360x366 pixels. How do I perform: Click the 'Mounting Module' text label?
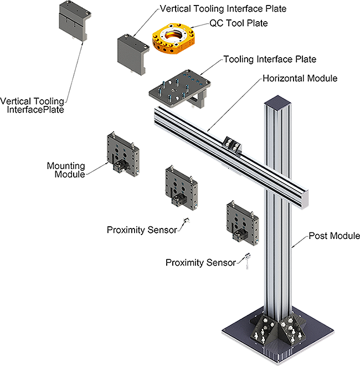point(66,170)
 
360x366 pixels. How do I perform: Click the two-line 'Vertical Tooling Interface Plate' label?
point(34,105)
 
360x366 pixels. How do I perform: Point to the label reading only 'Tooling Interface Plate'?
point(268,59)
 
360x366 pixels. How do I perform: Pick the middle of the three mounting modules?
point(182,185)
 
